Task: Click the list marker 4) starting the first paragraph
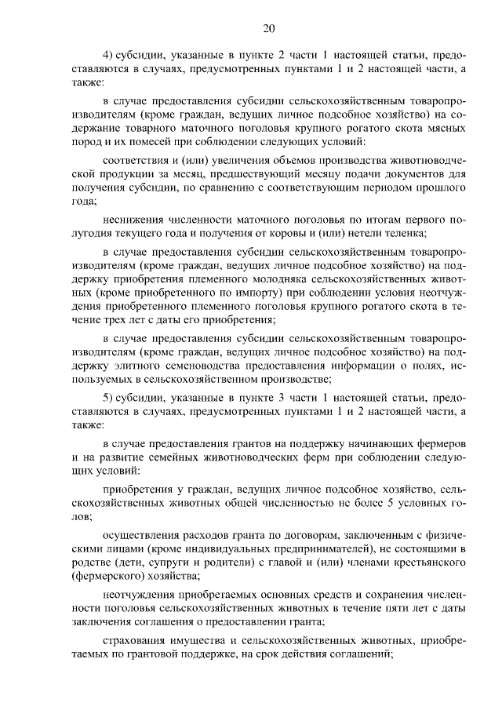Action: [109, 57]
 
